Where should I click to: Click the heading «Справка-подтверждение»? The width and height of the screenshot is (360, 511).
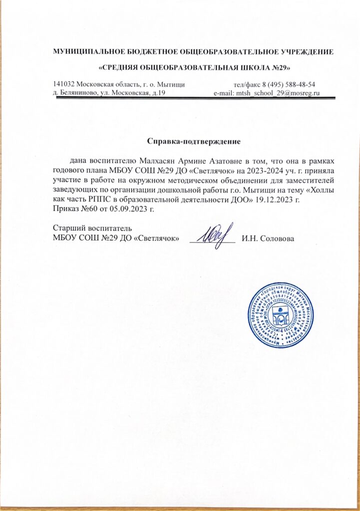pos(194,141)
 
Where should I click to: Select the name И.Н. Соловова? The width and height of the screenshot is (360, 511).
pos(268,238)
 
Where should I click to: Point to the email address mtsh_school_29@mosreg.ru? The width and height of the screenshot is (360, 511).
pos(274,93)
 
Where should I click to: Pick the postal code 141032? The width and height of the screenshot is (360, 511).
pos(64,84)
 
